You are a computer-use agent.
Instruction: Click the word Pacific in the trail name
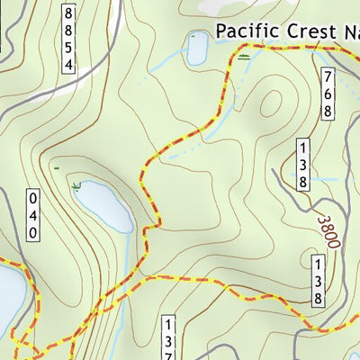tap(242, 31)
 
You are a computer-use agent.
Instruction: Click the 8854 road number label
tap(69, 38)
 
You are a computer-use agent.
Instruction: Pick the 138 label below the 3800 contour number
tap(318, 280)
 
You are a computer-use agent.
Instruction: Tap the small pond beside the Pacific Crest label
tap(196, 50)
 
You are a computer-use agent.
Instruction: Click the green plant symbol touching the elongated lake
tap(76, 185)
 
